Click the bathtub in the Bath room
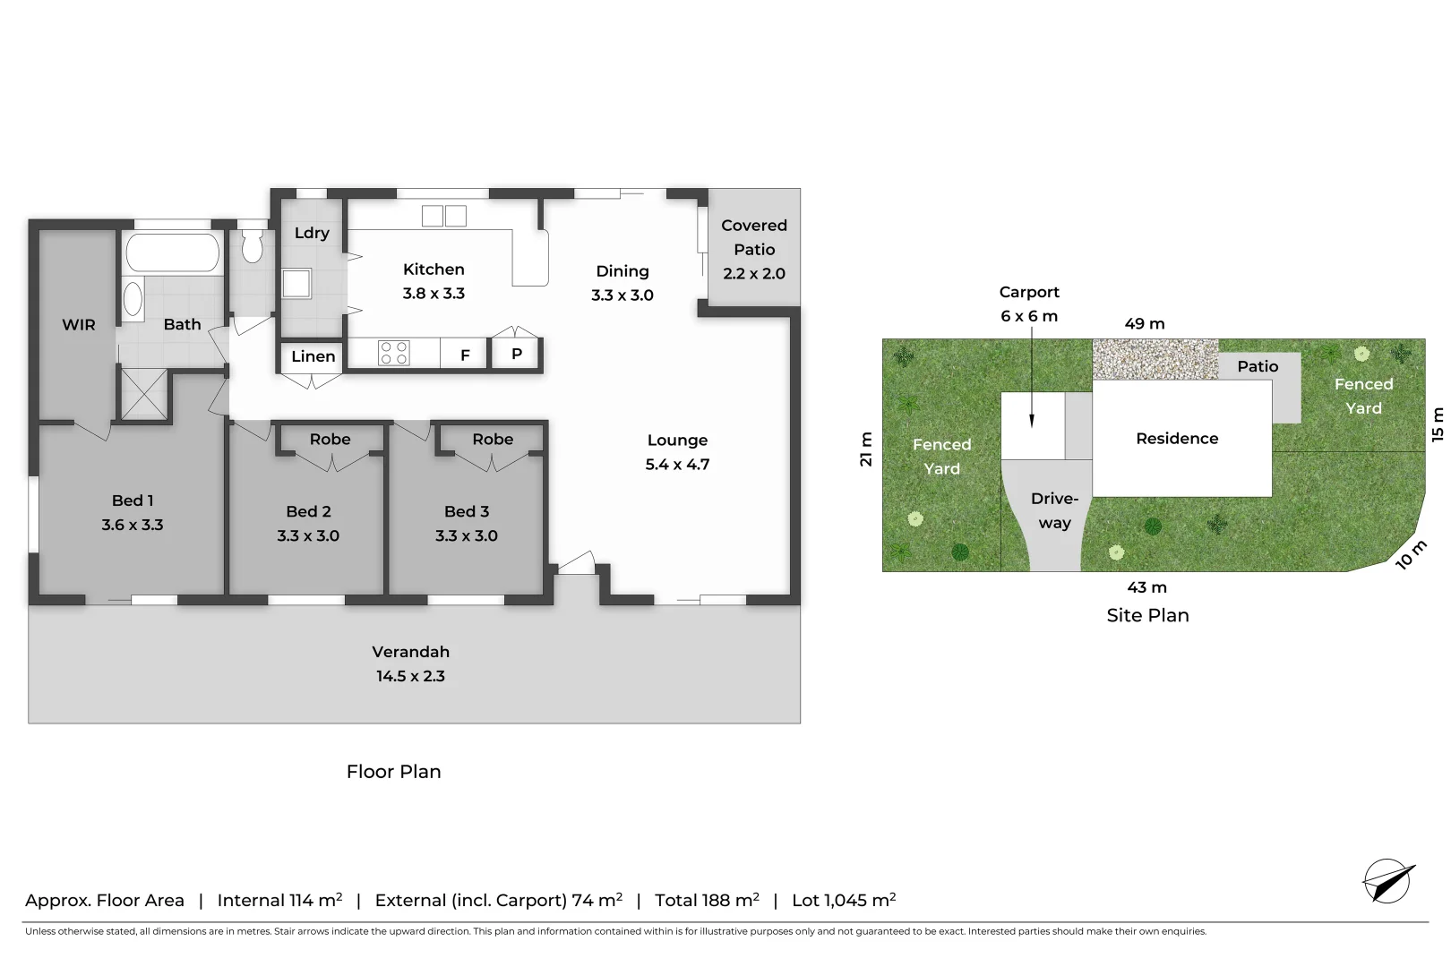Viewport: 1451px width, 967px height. pos(173,252)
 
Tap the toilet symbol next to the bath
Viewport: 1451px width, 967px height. pos(253,245)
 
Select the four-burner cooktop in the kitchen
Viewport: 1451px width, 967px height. pos(394,353)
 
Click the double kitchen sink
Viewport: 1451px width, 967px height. pos(444,216)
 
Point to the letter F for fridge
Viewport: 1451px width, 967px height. pos(465,355)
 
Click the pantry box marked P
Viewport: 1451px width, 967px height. pos(517,354)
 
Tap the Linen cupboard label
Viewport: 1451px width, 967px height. pos(313,356)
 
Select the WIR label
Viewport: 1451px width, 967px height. pos(78,325)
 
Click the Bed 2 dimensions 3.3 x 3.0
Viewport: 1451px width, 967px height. pos(308,535)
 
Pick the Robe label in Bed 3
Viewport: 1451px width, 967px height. pos(493,439)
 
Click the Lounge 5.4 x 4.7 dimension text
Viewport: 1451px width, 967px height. pos(677,464)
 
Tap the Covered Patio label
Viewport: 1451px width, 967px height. pos(754,237)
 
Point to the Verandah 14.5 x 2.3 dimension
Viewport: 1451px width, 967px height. pos(410,676)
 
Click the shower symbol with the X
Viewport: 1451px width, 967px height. pos(143,394)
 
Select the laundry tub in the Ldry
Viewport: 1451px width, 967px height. pos(296,284)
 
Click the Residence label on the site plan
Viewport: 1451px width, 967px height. pos(1177,438)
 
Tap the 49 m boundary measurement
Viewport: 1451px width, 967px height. pos(1144,324)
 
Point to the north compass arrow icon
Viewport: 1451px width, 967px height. pos(1387,882)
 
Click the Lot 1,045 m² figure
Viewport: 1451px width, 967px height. pos(843,900)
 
